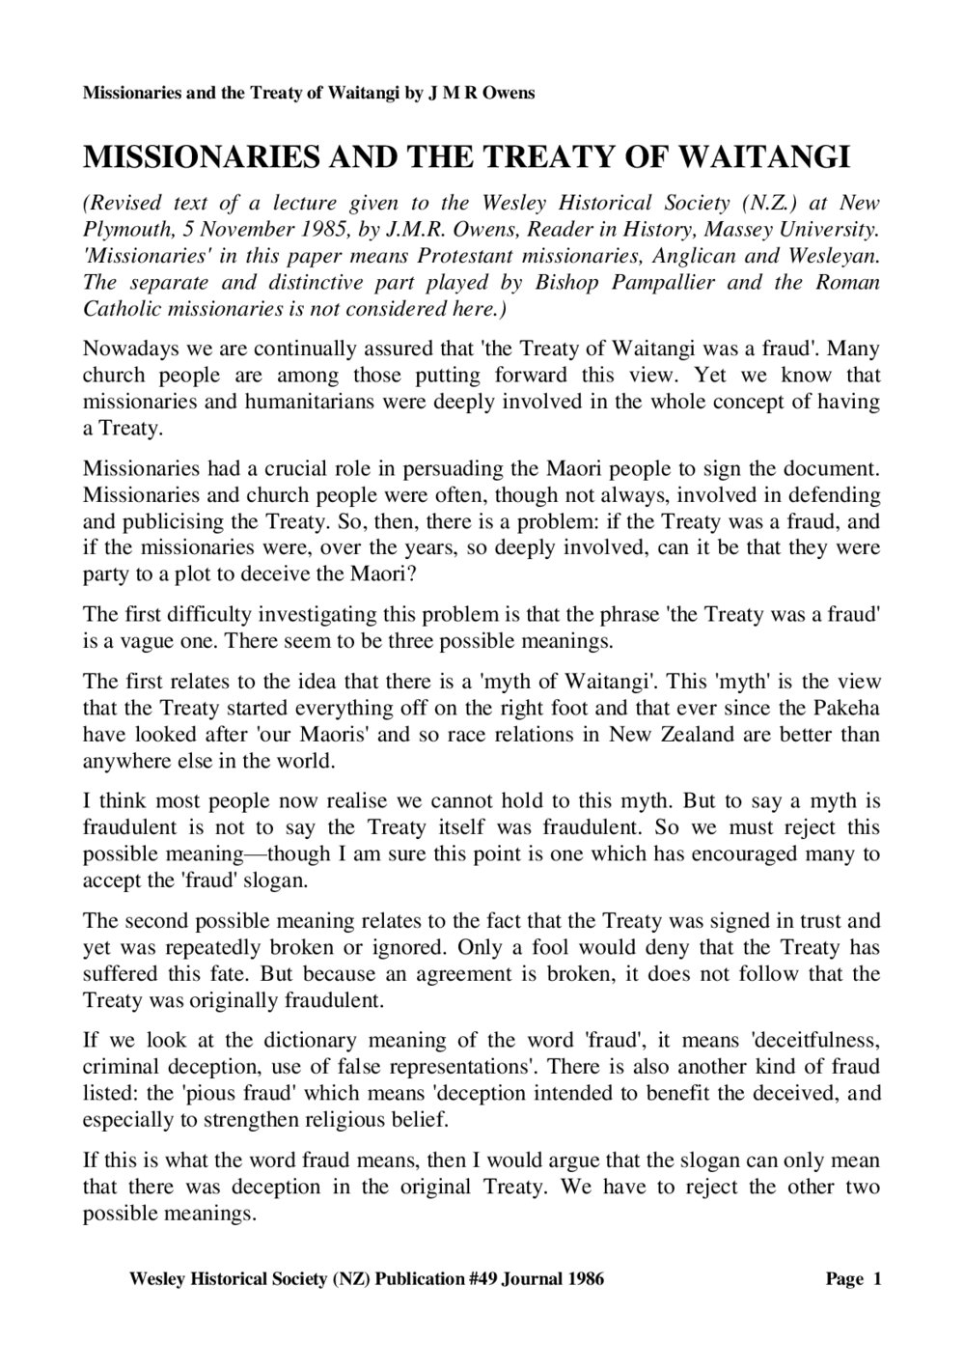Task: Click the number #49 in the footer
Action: (x=447, y=1279)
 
